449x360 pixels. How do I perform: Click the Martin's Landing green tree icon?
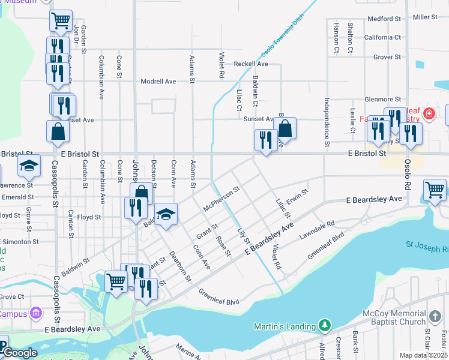(325, 325)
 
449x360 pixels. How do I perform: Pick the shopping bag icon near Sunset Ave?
(286, 128)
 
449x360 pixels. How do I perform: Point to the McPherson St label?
(221, 198)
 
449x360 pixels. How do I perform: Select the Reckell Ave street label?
(251, 64)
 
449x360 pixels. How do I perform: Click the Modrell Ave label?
(158, 82)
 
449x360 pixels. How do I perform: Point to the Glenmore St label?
(382, 100)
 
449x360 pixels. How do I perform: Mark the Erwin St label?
(297, 196)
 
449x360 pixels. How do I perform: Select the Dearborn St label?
(179, 266)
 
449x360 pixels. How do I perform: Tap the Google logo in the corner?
(19, 353)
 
